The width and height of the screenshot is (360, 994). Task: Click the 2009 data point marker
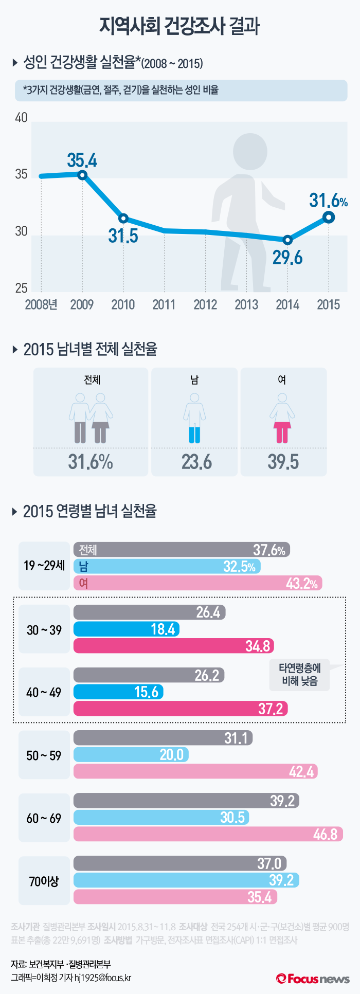click(82, 175)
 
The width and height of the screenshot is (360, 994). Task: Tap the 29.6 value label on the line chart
click(287, 258)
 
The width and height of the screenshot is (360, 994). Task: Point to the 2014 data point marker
click(287, 240)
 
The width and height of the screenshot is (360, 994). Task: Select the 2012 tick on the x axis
click(205, 305)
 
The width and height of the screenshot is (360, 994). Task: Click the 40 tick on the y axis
click(21, 118)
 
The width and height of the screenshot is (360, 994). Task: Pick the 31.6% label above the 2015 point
click(328, 201)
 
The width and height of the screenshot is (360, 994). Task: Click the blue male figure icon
click(194, 418)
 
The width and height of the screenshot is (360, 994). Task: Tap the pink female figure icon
click(282, 418)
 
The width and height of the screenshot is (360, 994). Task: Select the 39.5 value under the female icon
click(283, 462)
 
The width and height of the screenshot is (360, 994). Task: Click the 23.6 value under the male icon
click(196, 462)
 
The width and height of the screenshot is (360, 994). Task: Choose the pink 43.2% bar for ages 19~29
click(197, 583)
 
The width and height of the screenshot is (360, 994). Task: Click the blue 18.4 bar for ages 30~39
click(126, 629)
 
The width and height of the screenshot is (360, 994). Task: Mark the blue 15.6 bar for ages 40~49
click(118, 692)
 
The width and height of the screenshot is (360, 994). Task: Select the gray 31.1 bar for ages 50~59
click(163, 738)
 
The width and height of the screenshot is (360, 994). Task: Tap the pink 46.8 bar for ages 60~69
click(208, 834)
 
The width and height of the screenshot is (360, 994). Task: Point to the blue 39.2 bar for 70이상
click(186, 880)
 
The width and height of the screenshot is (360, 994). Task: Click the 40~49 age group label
click(44, 692)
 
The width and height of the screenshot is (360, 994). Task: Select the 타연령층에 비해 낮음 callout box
click(300, 675)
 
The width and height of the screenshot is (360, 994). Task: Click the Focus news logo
click(313, 978)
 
